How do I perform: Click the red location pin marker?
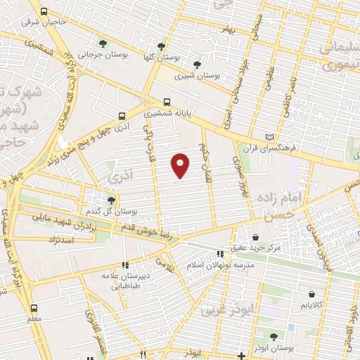181,165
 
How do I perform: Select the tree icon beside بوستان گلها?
163,46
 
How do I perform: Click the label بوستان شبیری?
198,74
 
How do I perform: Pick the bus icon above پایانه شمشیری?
167,101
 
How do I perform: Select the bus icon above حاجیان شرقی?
44,12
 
